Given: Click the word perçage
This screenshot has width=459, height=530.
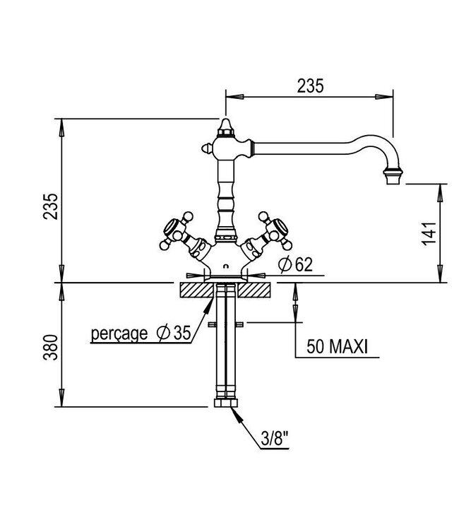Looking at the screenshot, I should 119,334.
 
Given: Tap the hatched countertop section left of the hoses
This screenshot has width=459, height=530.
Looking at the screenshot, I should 192,290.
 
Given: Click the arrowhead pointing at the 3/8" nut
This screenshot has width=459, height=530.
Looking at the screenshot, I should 236,415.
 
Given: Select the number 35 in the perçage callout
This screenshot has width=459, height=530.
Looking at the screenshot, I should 182,334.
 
